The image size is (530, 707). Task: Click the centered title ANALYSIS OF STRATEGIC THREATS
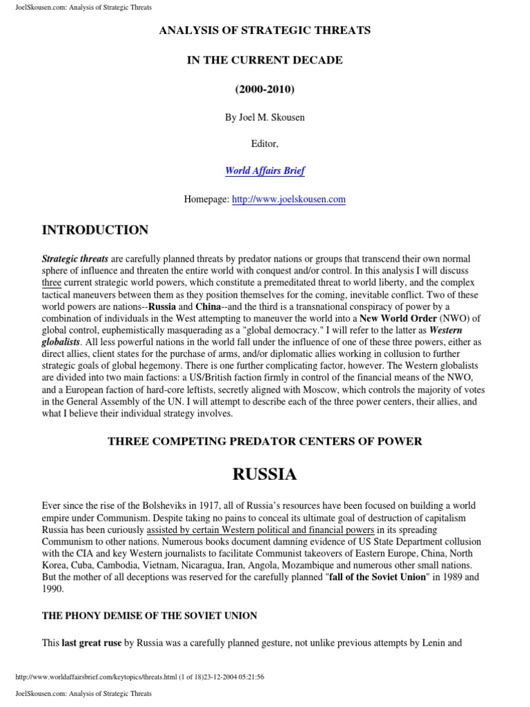(x=265, y=30)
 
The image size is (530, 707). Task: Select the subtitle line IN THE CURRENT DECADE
(x=265, y=60)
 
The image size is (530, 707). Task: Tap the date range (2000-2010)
(x=265, y=89)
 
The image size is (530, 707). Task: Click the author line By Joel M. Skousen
(x=265, y=117)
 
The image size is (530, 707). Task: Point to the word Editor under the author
(x=265, y=144)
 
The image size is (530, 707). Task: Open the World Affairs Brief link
(x=265, y=171)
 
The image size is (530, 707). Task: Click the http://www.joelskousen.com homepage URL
(x=288, y=200)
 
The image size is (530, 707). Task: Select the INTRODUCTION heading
(x=95, y=231)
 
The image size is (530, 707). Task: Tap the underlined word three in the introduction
(x=52, y=282)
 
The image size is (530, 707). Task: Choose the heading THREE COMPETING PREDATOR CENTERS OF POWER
(x=265, y=441)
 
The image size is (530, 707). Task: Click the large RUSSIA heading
(x=265, y=474)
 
